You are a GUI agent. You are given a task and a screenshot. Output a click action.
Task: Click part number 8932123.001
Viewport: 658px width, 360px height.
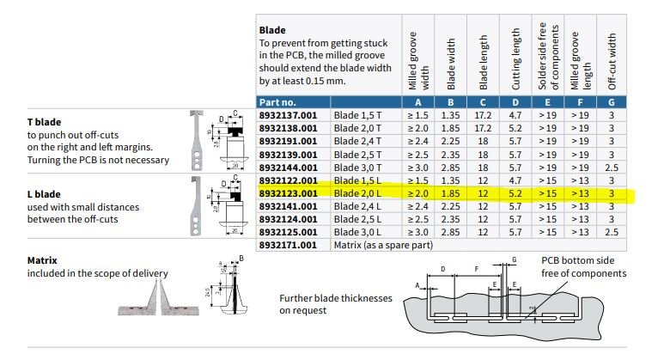[x=288, y=193]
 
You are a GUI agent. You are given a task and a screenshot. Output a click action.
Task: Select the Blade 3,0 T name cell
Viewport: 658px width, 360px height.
[x=357, y=168]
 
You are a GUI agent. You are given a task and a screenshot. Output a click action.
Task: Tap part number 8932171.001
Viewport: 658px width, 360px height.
[x=288, y=245]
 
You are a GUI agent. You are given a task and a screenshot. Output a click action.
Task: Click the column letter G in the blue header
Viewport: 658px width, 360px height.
[x=612, y=102]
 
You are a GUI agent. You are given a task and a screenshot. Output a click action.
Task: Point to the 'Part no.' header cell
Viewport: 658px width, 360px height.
[x=277, y=102]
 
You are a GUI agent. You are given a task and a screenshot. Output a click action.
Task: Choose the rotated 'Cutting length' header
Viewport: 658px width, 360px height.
[x=515, y=58]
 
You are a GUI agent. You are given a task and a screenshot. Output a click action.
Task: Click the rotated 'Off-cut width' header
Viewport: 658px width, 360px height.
[x=612, y=61]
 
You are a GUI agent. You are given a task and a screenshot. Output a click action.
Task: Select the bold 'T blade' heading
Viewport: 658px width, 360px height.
[x=44, y=122]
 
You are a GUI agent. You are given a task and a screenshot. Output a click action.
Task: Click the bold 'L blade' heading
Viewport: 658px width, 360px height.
[x=44, y=194]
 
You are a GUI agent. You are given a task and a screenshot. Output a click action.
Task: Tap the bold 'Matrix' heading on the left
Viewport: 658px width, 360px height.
[x=42, y=260]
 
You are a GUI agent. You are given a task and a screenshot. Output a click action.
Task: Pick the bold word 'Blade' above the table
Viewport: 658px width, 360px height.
[x=272, y=30]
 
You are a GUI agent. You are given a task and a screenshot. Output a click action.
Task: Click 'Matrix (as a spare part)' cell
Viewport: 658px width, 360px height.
[x=383, y=245]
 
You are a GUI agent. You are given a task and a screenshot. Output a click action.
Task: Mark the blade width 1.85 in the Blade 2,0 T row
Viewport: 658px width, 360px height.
[x=450, y=128]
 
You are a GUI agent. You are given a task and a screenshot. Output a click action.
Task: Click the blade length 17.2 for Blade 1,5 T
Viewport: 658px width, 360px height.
[x=483, y=115]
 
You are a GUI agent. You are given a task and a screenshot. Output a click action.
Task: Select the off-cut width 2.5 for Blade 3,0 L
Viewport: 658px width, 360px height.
[x=612, y=232]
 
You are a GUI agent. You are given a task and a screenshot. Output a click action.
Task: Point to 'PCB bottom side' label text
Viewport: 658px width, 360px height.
[x=577, y=260]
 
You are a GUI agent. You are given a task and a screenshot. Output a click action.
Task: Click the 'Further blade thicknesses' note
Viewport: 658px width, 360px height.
[x=336, y=298]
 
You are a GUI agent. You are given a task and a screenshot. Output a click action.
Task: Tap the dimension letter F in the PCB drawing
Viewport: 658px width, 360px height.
[x=476, y=269]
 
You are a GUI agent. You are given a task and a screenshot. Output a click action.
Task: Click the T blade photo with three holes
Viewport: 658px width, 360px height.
[x=196, y=140]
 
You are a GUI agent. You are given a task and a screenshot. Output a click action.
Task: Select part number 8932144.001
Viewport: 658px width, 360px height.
[x=288, y=168]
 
